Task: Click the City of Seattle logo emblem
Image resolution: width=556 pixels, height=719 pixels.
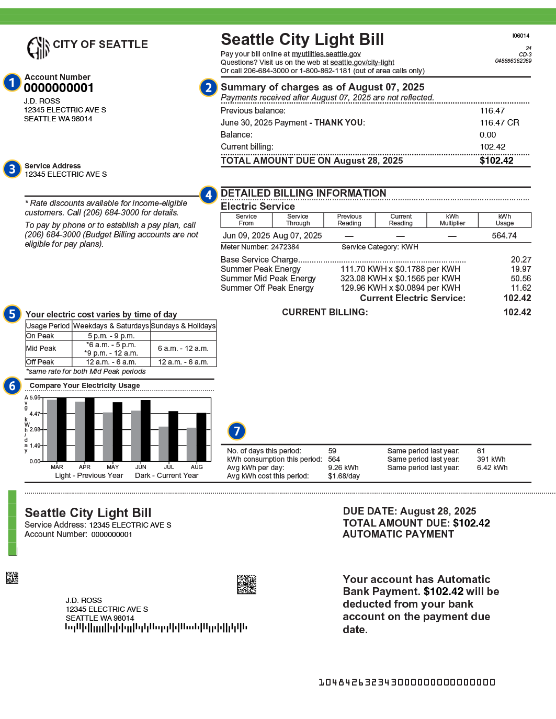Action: coord(38,48)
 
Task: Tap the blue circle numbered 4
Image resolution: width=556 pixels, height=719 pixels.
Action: coord(208,195)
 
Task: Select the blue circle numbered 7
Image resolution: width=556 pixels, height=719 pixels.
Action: coord(236,431)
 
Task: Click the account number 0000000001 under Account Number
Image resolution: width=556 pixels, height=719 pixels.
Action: coord(59,88)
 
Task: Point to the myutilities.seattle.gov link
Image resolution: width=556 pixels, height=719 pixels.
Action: coord(326,54)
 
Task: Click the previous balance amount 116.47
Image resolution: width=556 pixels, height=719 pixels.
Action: coord(492,111)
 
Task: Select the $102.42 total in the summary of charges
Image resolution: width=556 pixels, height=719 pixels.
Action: coord(496,161)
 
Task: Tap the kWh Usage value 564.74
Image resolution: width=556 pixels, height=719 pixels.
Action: coord(504,236)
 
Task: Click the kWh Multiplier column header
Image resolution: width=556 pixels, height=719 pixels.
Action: coord(452,220)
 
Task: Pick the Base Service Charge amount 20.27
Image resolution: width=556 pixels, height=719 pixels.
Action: coord(520,260)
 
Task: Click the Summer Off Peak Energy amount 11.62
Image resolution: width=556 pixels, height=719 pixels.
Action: coord(520,288)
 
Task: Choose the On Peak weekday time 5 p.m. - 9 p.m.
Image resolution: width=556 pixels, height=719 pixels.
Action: coord(111,336)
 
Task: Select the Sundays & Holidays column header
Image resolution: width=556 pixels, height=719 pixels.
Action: coord(183,326)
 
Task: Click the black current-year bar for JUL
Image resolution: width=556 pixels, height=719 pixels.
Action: coord(173,436)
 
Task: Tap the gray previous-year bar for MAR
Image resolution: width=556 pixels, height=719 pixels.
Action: coord(52,430)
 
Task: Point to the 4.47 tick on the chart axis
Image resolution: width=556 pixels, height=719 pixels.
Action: coord(35,414)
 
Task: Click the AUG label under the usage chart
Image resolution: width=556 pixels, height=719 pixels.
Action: coord(197,467)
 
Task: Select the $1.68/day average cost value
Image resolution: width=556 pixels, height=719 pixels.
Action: coord(344,476)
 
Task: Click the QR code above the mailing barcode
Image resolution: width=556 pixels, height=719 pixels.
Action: coord(246,585)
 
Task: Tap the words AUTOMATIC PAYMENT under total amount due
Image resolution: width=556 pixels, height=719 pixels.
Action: coord(398,534)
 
